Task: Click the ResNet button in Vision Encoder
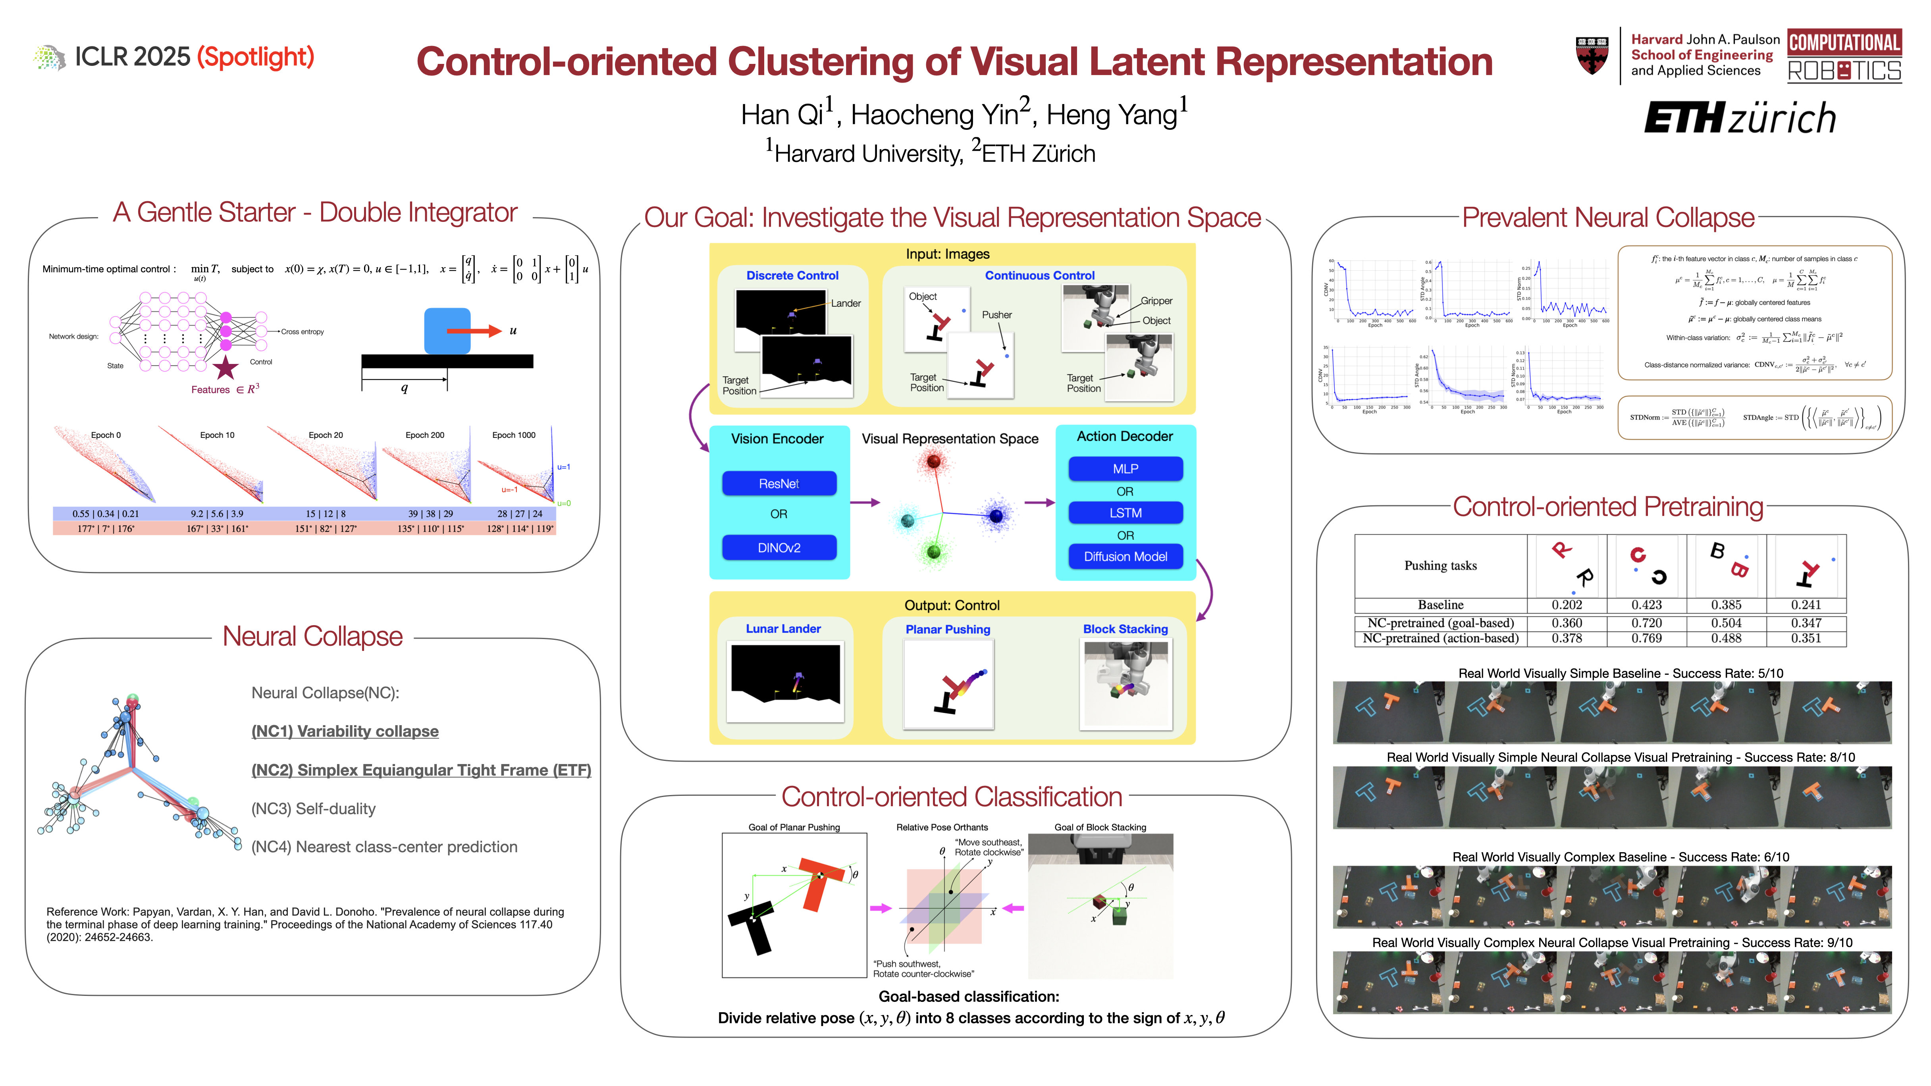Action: [779, 483]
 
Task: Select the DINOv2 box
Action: [779, 548]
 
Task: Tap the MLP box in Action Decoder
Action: [1125, 468]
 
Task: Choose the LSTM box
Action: [1125, 513]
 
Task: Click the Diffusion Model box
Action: [1125, 556]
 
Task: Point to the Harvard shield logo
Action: [1592, 56]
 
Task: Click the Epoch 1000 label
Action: [513, 435]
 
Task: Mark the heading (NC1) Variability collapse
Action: [345, 731]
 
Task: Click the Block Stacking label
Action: [1125, 629]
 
